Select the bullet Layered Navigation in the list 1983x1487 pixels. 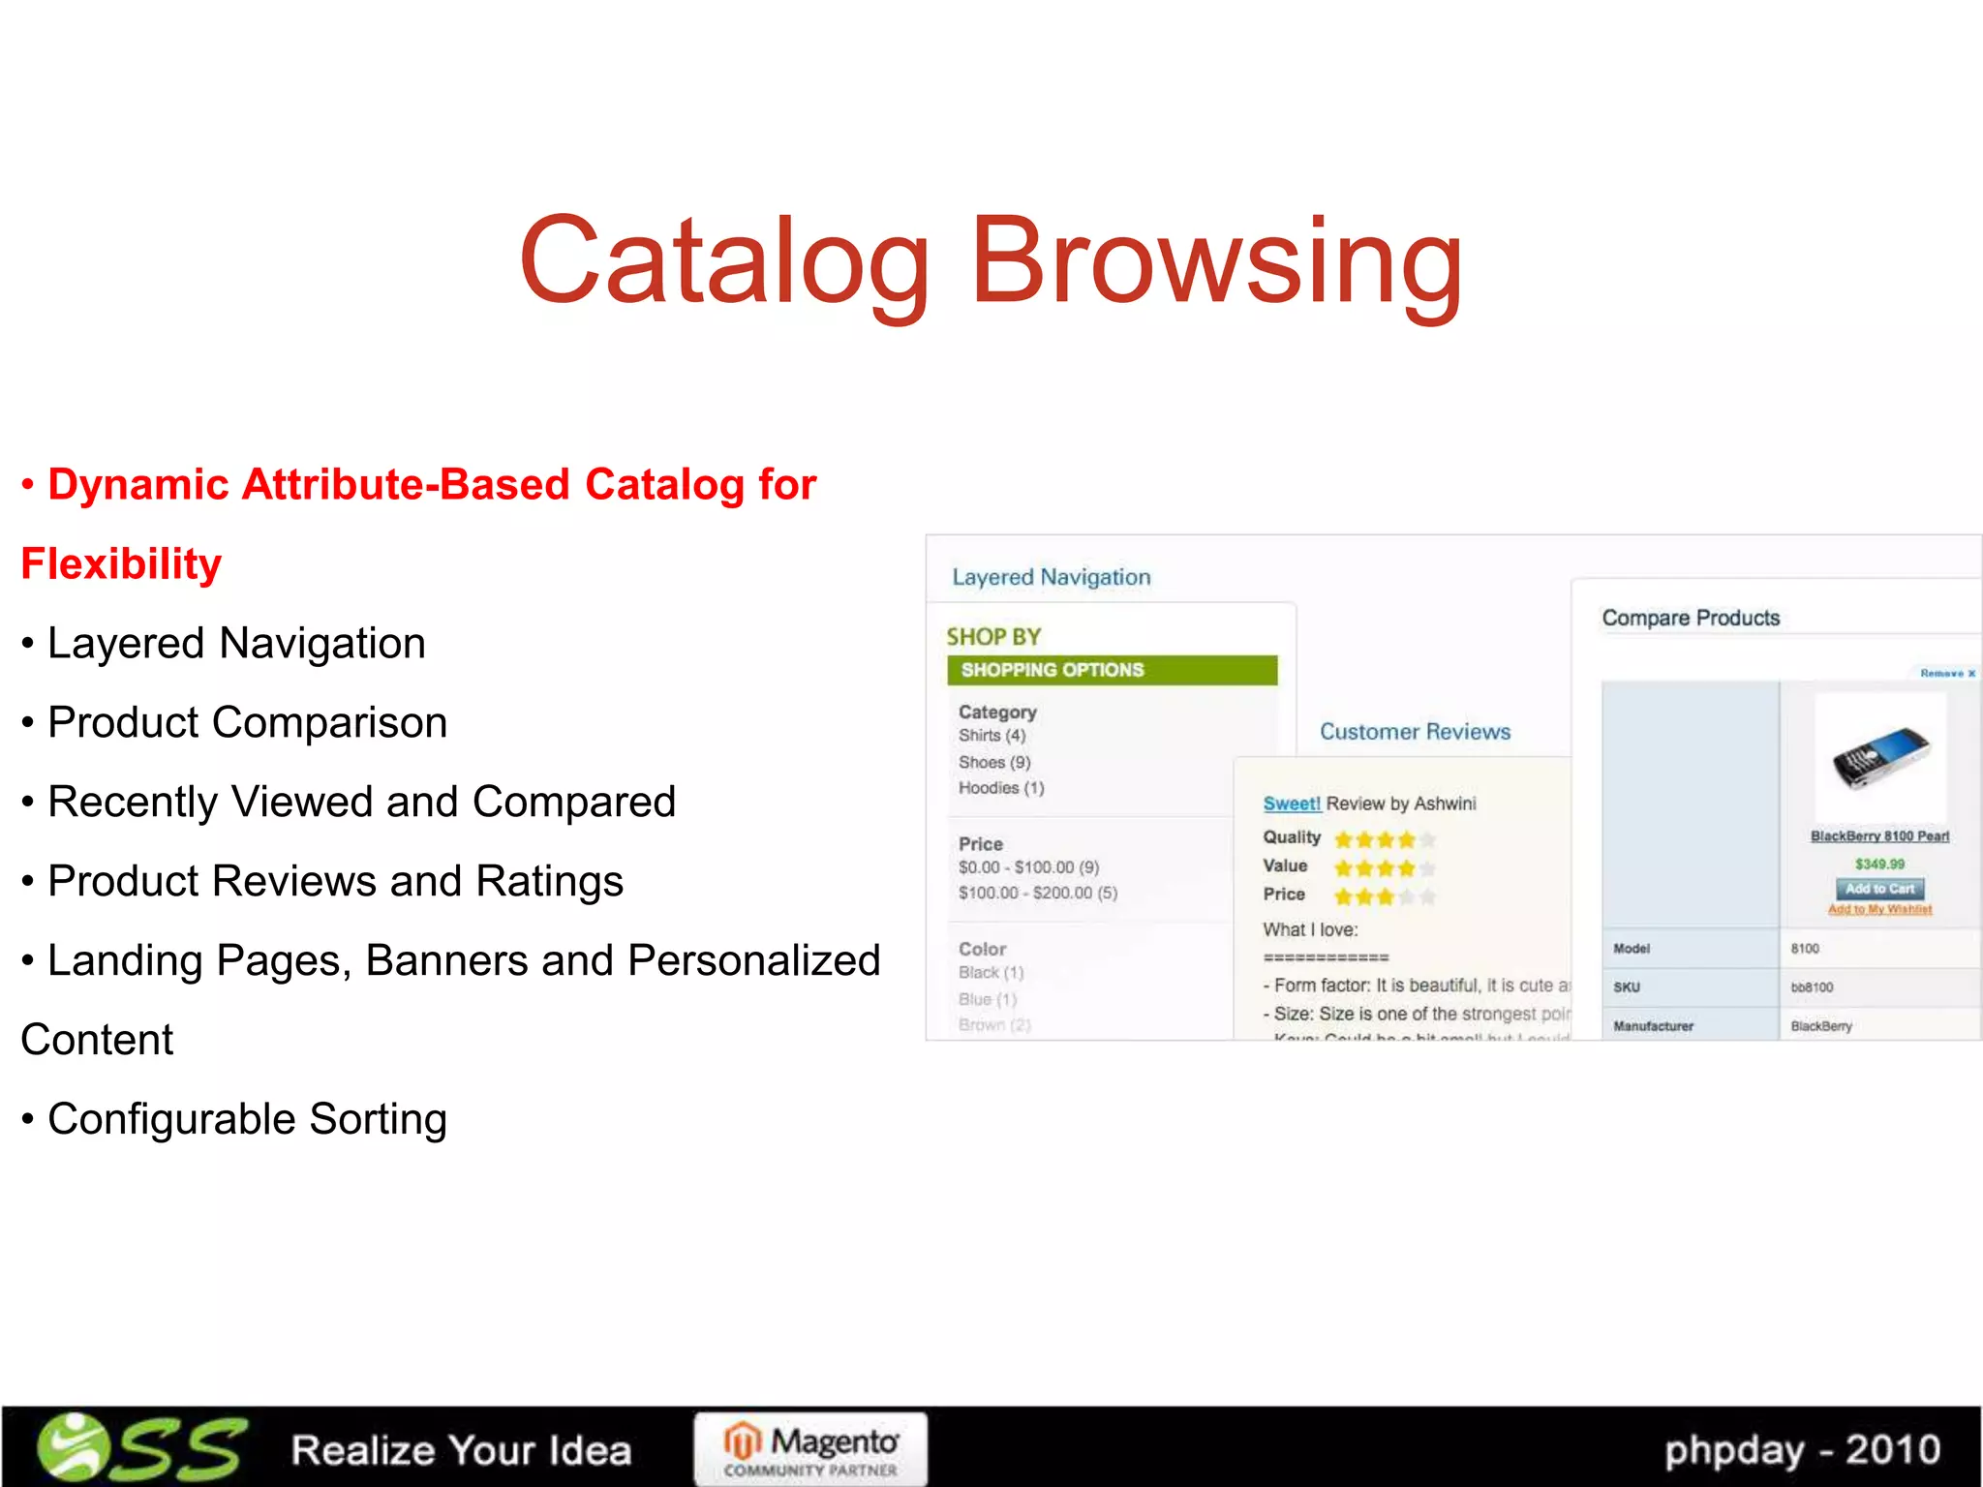tap(236, 644)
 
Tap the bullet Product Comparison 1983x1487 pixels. tap(247, 723)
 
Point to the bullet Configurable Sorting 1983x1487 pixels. tap(247, 1119)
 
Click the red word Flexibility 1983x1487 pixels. tap(121, 564)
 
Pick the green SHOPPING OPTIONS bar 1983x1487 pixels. tap(1112, 670)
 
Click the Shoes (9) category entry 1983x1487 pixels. tap(994, 762)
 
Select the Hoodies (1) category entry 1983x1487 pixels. tap(1001, 788)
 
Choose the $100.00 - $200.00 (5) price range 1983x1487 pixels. tap(1038, 893)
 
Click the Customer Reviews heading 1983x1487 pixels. tap(1415, 732)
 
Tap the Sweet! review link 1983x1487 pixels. tap(1292, 804)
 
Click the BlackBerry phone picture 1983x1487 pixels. tap(1879, 757)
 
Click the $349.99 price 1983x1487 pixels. tap(1879, 864)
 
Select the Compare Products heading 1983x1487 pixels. tap(1691, 618)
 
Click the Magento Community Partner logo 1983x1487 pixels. tap(810, 1449)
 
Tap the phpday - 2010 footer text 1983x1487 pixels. tap(1802, 1450)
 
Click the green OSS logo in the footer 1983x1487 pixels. tap(141, 1448)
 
